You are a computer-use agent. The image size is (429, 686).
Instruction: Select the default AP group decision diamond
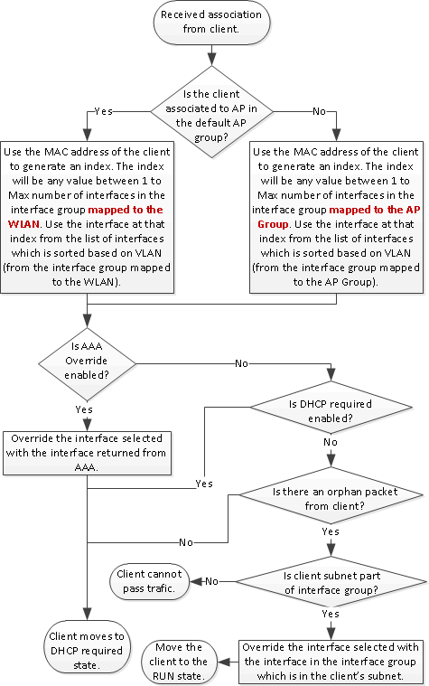click(x=210, y=110)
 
